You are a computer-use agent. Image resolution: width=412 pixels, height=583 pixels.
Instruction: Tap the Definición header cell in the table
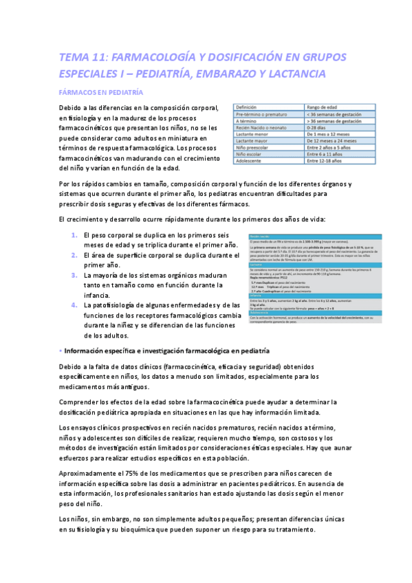pyautogui.click(x=247, y=107)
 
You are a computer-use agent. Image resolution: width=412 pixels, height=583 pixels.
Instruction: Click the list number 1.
pyautogui.click(x=75, y=236)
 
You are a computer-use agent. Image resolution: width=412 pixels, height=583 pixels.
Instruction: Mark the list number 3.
pyautogui.click(x=75, y=275)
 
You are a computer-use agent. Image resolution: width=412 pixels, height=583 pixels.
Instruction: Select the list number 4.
pyautogui.click(x=75, y=305)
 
